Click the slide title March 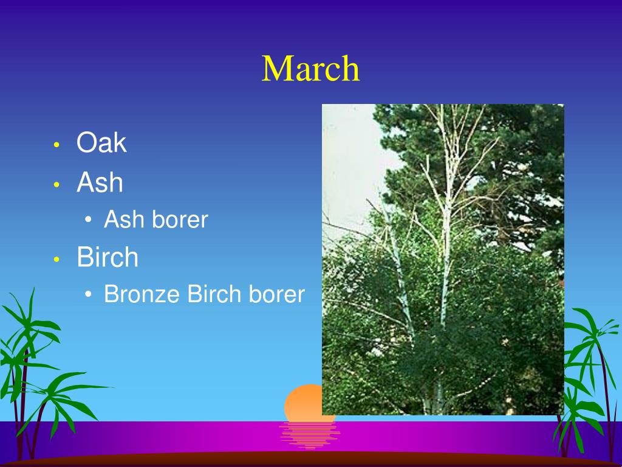tap(310, 69)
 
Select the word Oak tap(101, 142)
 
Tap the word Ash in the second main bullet tap(100, 182)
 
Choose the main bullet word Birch tap(108, 257)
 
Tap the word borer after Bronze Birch tap(276, 294)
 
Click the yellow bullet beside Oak tap(56, 145)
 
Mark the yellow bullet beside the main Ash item tap(56, 184)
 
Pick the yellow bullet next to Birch tap(56, 259)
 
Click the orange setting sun tap(304, 403)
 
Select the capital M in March tap(276, 69)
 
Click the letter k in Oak tap(121, 142)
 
